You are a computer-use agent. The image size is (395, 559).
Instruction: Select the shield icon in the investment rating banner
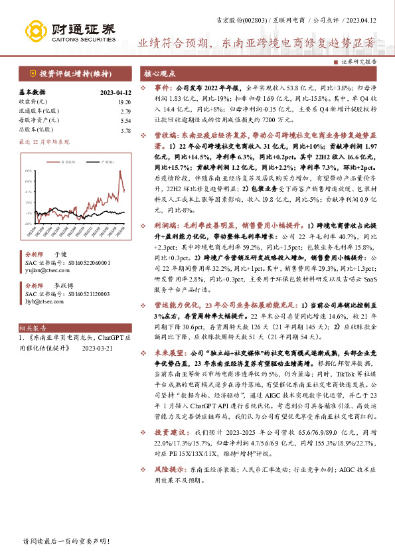(x=32, y=74)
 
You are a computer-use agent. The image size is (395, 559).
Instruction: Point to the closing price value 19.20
(x=123, y=102)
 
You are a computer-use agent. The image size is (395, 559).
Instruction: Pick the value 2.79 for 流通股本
(x=125, y=112)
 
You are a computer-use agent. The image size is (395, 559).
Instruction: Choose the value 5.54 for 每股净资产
(x=125, y=121)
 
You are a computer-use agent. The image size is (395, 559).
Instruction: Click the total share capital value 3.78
(x=125, y=131)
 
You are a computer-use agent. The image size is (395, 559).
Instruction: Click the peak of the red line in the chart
(x=121, y=171)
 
